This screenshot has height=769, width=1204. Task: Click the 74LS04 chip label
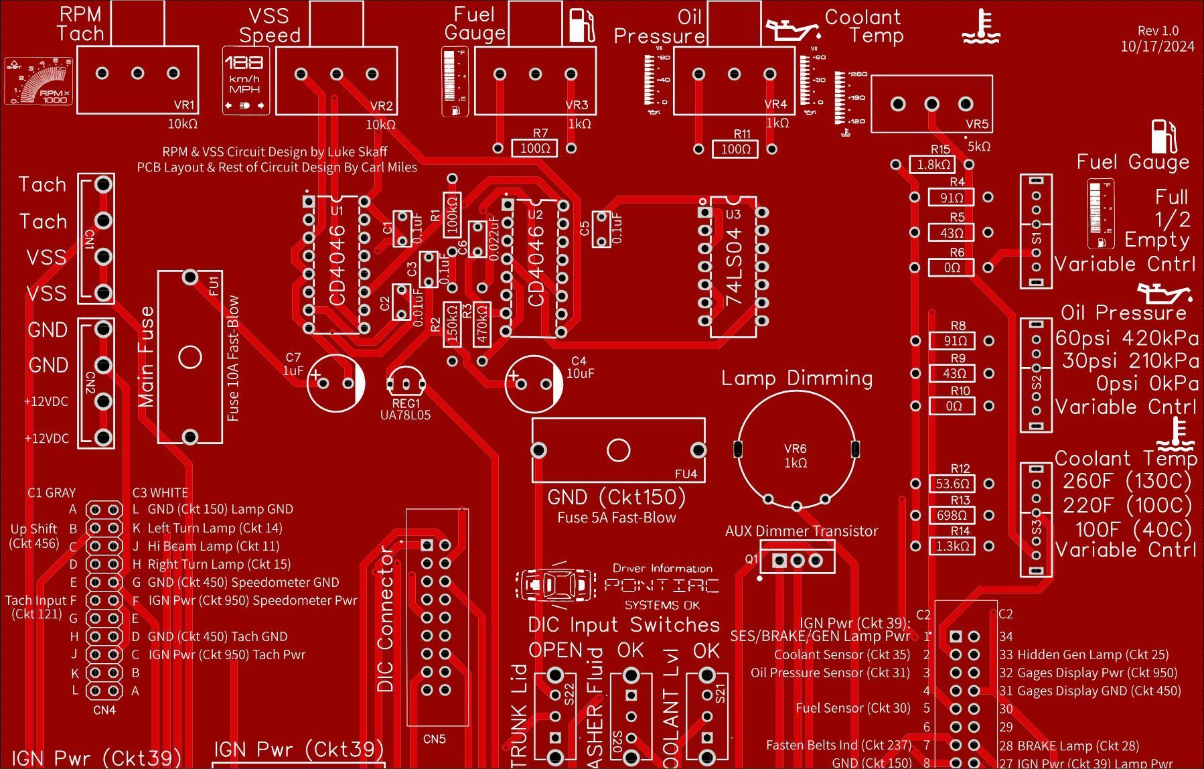point(734,267)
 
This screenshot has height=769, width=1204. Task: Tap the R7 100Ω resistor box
point(534,148)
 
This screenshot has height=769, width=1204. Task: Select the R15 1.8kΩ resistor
point(932,164)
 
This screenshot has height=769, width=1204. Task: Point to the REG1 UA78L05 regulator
point(406,383)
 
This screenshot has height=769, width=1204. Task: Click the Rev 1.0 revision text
point(1158,31)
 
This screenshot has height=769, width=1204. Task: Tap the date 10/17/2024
point(1157,46)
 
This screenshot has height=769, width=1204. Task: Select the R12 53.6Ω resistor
point(952,484)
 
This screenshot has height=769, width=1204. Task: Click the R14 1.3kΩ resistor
point(952,546)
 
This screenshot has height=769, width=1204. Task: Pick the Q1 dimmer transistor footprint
point(798,560)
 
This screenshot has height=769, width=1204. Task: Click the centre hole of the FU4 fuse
point(618,450)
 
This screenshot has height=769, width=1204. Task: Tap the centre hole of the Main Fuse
point(190,357)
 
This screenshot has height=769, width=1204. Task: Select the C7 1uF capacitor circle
point(335,383)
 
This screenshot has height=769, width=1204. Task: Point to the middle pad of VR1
point(137,73)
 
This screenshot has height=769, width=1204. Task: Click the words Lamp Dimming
point(797,378)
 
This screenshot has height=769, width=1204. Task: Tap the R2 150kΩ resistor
point(452,325)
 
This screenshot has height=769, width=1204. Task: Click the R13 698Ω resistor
point(952,515)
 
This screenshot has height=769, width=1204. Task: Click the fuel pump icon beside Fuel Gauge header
point(582,26)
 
